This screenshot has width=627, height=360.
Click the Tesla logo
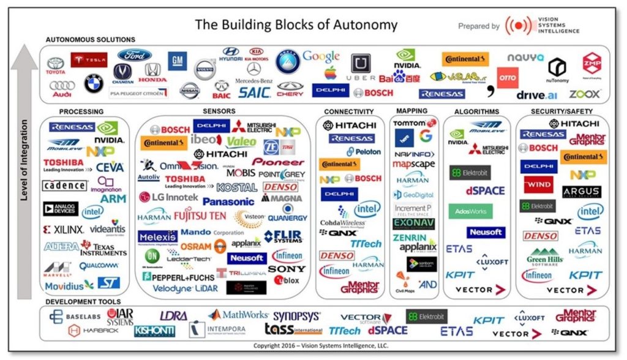click(x=89, y=60)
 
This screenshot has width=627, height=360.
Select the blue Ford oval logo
click(x=135, y=56)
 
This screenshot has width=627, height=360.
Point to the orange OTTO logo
click(x=507, y=78)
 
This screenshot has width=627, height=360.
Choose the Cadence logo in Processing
click(x=64, y=186)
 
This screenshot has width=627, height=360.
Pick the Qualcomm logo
click(x=99, y=266)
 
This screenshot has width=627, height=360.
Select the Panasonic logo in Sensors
click(x=228, y=201)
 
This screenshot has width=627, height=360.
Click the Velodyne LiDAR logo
click(x=182, y=288)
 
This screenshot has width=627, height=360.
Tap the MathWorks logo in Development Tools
click(x=238, y=315)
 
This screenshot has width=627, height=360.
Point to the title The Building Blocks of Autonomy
click(x=296, y=25)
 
